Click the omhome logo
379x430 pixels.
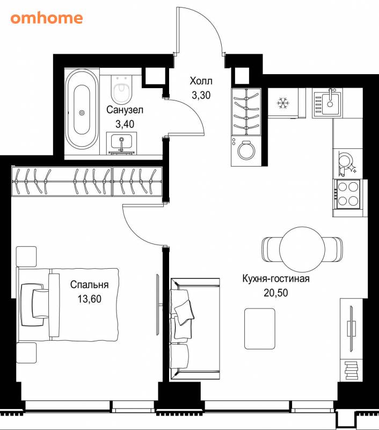point(47,18)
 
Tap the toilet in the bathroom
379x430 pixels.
point(121,88)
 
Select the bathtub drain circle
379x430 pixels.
point(82,112)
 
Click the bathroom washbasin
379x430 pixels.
point(121,143)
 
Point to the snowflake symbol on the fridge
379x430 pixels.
point(283,103)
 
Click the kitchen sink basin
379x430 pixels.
point(331,104)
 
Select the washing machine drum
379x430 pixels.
point(246,150)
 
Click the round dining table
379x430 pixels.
point(302,249)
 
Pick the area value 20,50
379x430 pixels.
point(276,292)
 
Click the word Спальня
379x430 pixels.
point(89,285)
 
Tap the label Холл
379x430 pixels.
point(201,81)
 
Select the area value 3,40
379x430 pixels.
point(125,124)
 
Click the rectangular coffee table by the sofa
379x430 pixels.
point(260,328)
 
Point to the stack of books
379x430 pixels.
point(351,370)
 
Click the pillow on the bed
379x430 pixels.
point(40,304)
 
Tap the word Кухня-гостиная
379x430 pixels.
point(276,278)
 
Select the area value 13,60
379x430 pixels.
point(89,299)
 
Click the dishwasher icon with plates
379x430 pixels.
point(347,164)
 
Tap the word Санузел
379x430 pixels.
point(125,110)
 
